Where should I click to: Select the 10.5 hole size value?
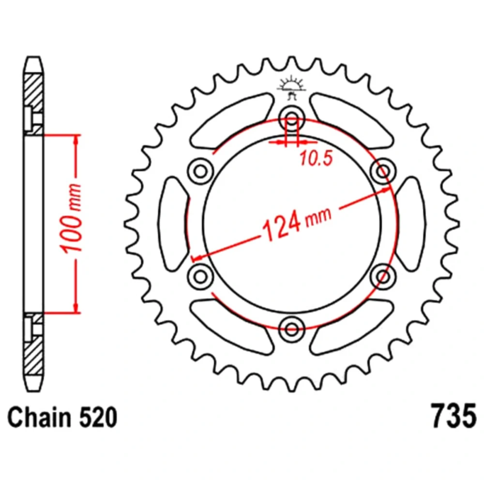tap(316, 159)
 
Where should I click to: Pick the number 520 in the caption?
tap(98, 418)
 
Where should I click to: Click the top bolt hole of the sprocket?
tap(292, 118)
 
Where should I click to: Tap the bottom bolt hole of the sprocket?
tap(292, 329)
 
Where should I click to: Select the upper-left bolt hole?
tap(200, 171)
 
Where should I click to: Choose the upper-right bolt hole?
tap(383, 171)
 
